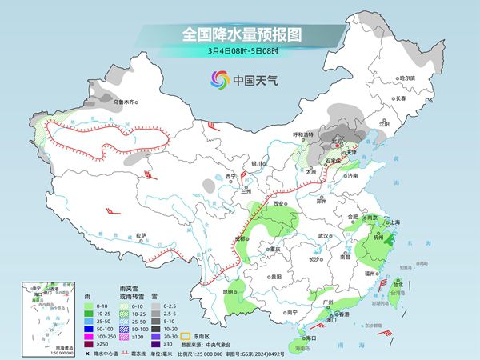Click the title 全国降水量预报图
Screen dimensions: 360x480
pos(239,34)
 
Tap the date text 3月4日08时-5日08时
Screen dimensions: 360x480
pos(239,50)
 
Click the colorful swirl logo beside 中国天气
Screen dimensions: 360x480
pos(218,79)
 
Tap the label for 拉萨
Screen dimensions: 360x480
pos(141,235)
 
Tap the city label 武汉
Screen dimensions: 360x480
pos(323,237)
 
